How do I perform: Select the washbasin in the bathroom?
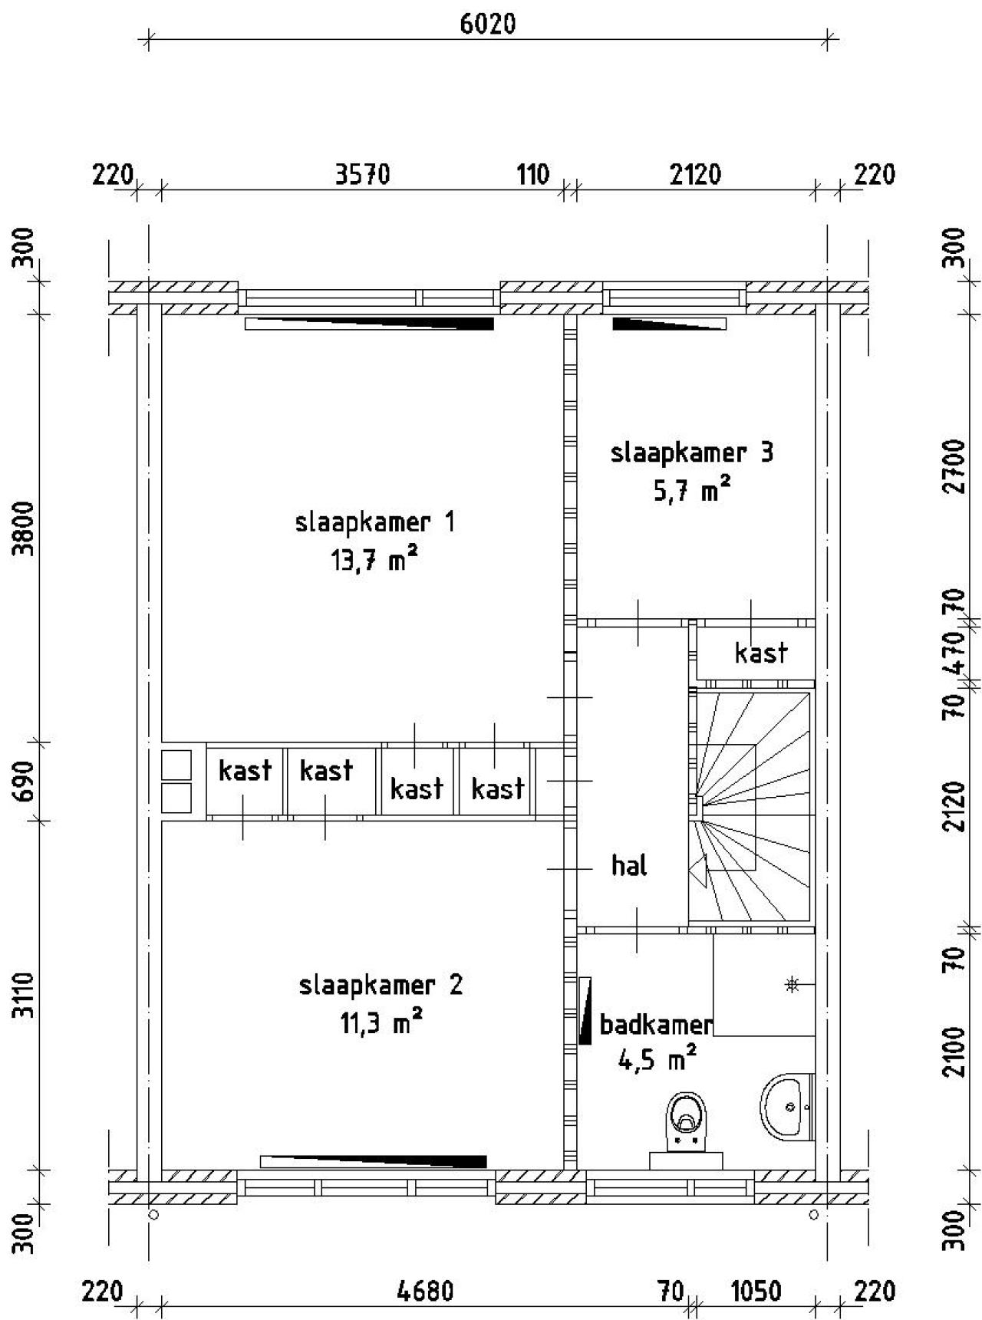[787, 1107]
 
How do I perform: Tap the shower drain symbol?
[793, 984]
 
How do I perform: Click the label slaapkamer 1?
[375, 523]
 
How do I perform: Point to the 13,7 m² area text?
[375, 561]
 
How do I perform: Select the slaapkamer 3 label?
[692, 453]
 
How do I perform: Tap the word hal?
[629, 865]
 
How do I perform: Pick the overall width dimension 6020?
[488, 24]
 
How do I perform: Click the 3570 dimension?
[363, 175]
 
